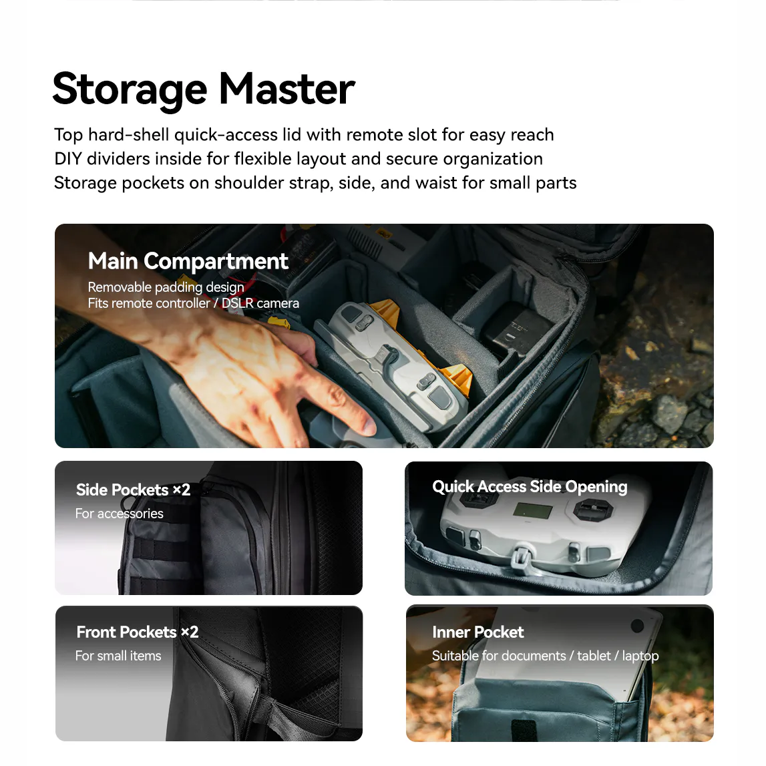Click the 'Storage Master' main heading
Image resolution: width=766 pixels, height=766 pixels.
click(x=204, y=89)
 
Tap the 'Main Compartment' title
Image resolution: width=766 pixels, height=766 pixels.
click(x=188, y=261)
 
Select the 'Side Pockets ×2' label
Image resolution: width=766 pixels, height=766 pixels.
click(x=133, y=490)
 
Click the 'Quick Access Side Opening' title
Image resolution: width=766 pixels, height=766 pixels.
click(x=530, y=487)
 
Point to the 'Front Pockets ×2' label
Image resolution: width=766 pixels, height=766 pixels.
click(x=138, y=632)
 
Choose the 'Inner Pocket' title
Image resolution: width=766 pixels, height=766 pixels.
click(x=477, y=632)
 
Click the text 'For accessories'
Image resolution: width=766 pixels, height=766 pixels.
click(x=119, y=514)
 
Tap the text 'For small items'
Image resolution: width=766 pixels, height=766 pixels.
click(x=118, y=656)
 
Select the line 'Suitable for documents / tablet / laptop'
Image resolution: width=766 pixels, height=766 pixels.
click(x=545, y=656)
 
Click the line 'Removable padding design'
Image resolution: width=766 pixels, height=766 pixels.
click(x=166, y=287)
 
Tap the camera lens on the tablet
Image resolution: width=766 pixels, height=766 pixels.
click(x=637, y=626)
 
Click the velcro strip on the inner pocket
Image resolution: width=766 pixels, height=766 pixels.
click(x=524, y=730)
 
